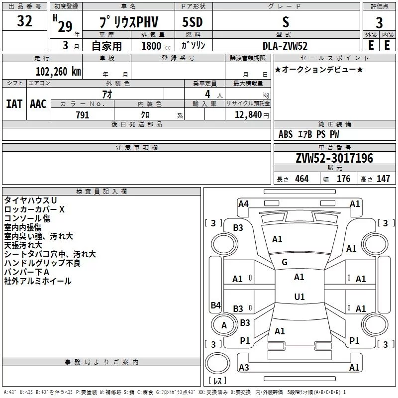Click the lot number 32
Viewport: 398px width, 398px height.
coord(24,21)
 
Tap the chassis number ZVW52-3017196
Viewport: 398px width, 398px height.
coord(334,158)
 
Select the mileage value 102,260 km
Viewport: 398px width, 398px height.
coord(58,72)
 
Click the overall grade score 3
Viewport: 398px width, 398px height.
coord(379,23)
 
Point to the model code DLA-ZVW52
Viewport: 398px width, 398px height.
coord(285,46)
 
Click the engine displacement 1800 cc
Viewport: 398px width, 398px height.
coord(156,46)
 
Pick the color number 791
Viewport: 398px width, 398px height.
coord(83,115)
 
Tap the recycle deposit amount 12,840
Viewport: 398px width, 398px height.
coord(248,114)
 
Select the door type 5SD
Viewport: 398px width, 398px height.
coord(193,22)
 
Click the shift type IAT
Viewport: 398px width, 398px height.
coord(14,104)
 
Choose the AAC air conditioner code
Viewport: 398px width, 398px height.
coord(38,104)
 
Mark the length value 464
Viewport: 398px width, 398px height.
coord(302,179)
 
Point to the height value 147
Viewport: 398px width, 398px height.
coord(383,179)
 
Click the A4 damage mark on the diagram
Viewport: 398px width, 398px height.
coord(243,204)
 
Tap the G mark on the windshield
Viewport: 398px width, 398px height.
coord(285,262)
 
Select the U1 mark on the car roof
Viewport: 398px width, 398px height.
coord(299,297)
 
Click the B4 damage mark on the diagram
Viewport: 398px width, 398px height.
coord(215,305)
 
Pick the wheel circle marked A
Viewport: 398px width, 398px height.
coord(224,325)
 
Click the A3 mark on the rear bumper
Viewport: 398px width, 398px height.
coord(244,367)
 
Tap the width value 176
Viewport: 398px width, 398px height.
coord(343,179)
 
